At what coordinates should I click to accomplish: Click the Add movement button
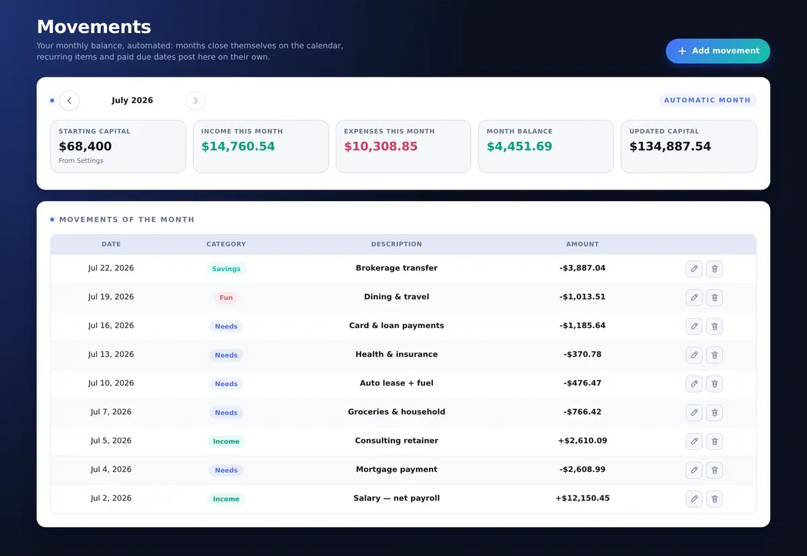coord(718,51)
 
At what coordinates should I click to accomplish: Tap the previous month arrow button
coord(69,100)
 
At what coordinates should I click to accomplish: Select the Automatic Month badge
coord(707,100)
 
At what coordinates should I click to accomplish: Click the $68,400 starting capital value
coord(85,146)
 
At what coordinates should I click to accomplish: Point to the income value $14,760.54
coord(238,146)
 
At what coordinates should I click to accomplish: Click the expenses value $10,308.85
coord(381,146)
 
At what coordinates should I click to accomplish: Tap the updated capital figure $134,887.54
coord(670,146)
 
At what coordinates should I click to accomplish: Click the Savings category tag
coord(226,269)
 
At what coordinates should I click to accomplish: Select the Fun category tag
coord(226,297)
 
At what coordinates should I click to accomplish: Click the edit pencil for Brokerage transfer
coord(694,269)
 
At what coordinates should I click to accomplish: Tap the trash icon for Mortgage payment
coord(714,470)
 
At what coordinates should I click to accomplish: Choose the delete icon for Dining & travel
coord(714,297)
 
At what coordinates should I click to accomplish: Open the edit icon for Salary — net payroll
coord(694,499)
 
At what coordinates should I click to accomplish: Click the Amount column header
coord(582,244)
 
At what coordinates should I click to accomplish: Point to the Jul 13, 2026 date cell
coord(111,354)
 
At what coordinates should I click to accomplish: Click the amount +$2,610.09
coord(582,440)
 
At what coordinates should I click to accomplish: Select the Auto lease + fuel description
coord(396,383)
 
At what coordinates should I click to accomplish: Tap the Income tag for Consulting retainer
coord(226,442)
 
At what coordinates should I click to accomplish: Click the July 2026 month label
coord(132,100)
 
